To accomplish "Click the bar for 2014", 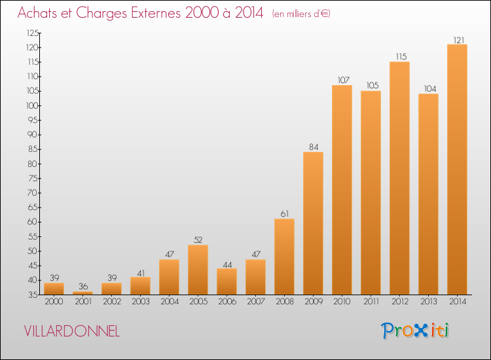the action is (x=457, y=170).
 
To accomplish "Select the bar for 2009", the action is (x=313, y=223).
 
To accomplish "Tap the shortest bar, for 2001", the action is (x=82, y=293).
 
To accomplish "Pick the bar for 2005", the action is (x=198, y=270).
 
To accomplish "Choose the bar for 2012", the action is (x=399, y=178).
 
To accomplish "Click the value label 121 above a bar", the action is (x=459, y=40).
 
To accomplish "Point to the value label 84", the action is (x=314, y=147).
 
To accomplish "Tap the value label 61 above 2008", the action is (x=285, y=214).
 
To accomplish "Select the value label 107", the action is (x=343, y=80).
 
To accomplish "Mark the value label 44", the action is (x=227, y=265).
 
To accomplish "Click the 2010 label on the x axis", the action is (x=342, y=302).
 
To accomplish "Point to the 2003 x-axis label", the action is (x=141, y=302).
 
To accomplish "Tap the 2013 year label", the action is (x=428, y=302).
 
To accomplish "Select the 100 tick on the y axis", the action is (x=32, y=106).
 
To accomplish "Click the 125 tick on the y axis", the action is (x=33, y=33).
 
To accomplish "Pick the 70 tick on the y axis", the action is (x=33, y=193).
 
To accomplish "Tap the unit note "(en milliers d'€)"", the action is (x=301, y=14).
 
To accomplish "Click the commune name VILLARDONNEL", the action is (x=72, y=331).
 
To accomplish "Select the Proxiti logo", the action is (x=415, y=331).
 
